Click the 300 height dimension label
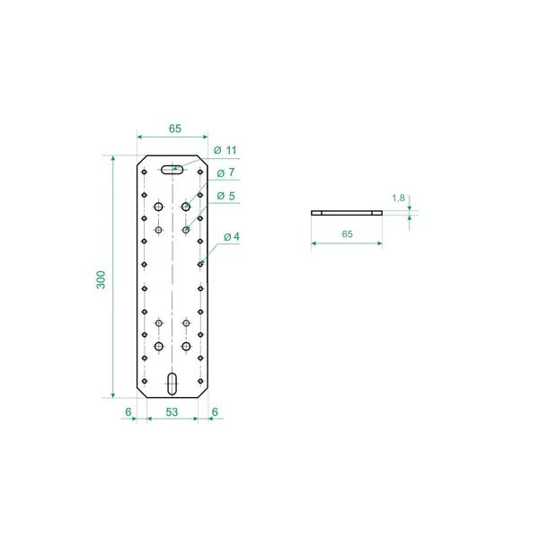point(101,279)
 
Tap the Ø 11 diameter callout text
point(225,150)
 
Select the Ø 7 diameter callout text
point(225,172)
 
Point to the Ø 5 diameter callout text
point(225,196)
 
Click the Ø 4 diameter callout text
point(232,236)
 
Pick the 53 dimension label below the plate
point(172,411)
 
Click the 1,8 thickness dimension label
point(398,198)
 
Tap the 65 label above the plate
point(175,128)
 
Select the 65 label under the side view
point(347,234)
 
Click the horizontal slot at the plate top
point(172,170)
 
